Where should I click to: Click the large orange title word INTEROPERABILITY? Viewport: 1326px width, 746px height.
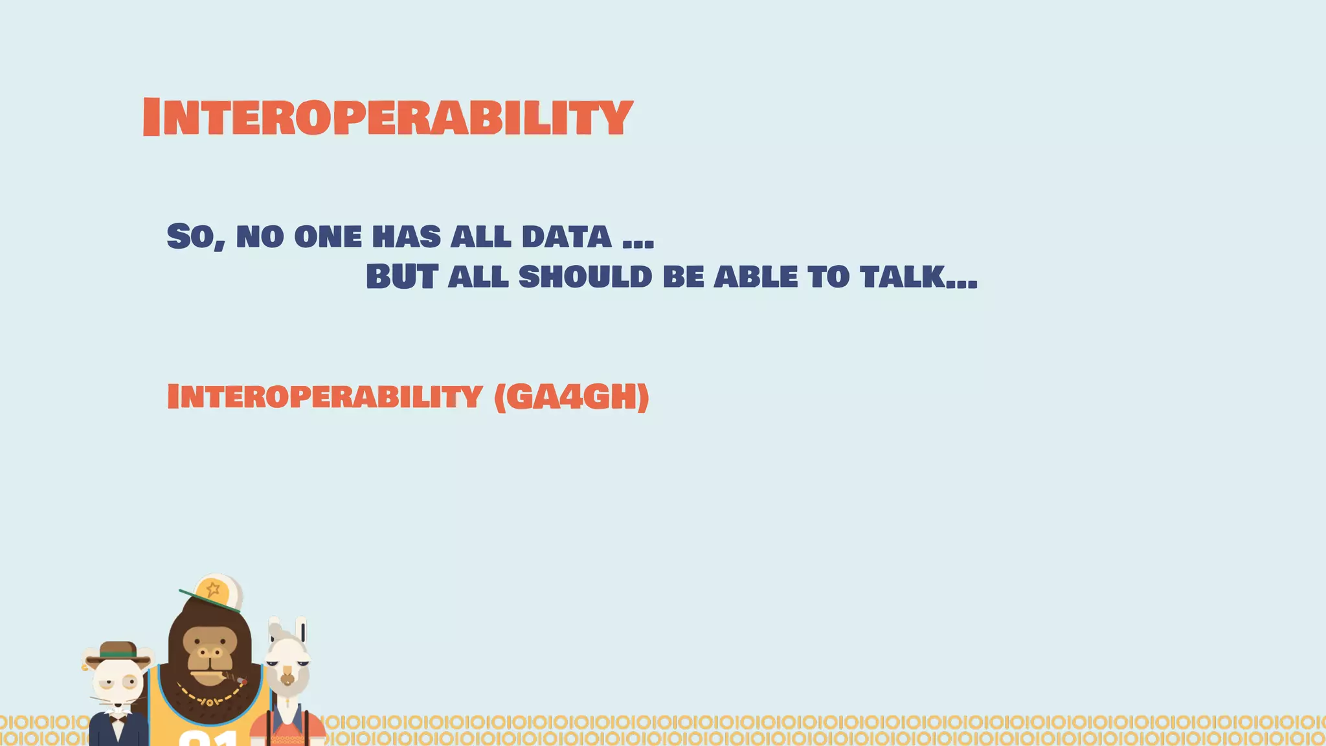pyautogui.click(x=387, y=117)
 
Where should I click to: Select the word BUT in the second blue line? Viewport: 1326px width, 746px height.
pyautogui.click(x=401, y=277)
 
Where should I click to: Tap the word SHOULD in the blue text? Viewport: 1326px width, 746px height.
pyautogui.click(x=585, y=277)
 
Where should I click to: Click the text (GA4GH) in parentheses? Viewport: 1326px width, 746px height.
pyautogui.click(x=571, y=396)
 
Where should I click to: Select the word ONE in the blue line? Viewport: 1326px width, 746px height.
pyautogui.click(x=328, y=236)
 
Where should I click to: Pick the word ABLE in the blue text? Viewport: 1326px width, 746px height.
pyautogui.click(x=756, y=277)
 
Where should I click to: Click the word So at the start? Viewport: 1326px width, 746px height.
pyautogui.click(x=195, y=236)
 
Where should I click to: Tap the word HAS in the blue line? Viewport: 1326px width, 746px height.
pyautogui.click(x=406, y=236)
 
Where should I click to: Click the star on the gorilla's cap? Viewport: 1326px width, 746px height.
pyautogui.click(x=212, y=589)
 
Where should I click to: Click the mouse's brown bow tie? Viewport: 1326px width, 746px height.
pyautogui.click(x=117, y=718)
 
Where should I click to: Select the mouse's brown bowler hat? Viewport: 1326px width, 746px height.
pyautogui.click(x=118, y=650)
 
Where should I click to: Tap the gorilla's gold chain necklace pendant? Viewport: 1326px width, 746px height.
pyautogui.click(x=209, y=701)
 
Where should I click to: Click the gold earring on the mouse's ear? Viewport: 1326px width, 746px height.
pyautogui.click(x=85, y=666)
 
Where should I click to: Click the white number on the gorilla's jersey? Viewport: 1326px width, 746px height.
pyautogui.click(x=207, y=738)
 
